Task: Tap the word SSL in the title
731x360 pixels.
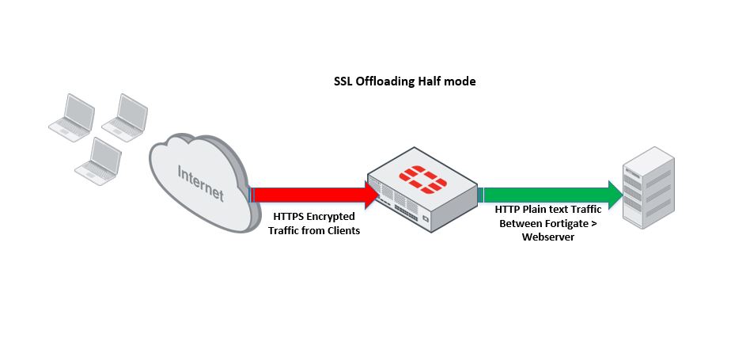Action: click(343, 81)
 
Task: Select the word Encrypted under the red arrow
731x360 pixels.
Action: click(333, 216)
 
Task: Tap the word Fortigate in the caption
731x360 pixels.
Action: click(564, 223)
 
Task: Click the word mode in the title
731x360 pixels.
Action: click(460, 81)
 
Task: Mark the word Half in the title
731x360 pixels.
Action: click(430, 81)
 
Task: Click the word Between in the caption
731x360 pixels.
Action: click(516, 223)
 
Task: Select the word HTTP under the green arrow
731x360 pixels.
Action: click(508, 210)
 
